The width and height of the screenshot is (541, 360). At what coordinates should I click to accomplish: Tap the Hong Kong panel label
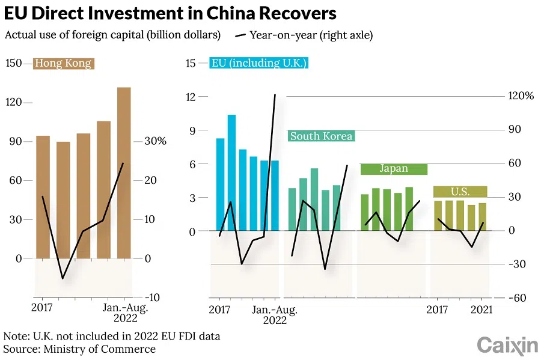tap(63, 63)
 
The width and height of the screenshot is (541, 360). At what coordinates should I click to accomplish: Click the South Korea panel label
tap(321, 136)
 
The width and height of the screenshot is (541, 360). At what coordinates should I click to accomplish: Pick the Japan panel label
tap(394, 169)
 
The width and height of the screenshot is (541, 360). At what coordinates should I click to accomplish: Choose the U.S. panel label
tap(460, 192)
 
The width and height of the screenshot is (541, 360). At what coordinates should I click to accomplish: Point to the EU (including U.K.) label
tap(259, 63)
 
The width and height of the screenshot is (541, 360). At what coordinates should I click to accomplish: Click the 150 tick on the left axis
tap(13, 63)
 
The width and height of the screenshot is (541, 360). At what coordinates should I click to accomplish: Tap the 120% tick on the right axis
tap(520, 96)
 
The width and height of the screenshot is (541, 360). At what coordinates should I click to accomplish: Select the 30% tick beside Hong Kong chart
tap(154, 141)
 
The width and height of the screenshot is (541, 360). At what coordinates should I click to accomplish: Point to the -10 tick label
tap(152, 297)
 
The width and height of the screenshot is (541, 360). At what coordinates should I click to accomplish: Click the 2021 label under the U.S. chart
tap(481, 310)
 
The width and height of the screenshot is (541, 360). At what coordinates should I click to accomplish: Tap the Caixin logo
tap(507, 345)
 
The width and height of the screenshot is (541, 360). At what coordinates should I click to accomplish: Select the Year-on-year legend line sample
tap(240, 35)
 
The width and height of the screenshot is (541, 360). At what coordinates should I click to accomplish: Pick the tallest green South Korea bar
tap(314, 200)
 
